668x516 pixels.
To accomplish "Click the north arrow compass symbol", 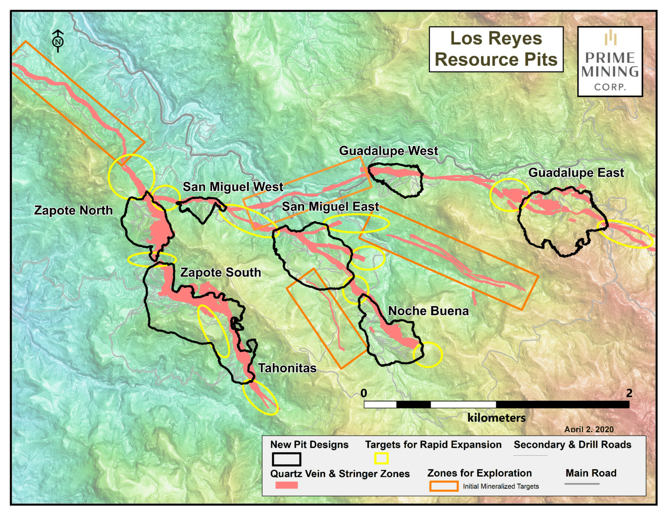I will (x=58, y=41).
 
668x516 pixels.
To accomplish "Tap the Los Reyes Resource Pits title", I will (x=496, y=49).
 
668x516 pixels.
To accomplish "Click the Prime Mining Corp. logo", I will (x=610, y=62).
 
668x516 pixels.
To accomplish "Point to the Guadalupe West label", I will (x=388, y=151).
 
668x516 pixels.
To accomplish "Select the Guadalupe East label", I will (x=576, y=173).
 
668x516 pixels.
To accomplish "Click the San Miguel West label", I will (x=233, y=187).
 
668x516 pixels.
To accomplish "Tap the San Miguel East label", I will (x=330, y=207).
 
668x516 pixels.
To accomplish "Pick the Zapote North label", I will (x=73, y=210).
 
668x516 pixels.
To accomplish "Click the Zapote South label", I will (x=220, y=272).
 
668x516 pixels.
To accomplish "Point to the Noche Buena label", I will (x=428, y=311).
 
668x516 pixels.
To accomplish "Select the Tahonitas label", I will (x=287, y=368).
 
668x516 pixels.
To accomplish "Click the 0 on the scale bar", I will (x=364, y=393).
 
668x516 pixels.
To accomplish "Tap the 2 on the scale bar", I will (x=629, y=393).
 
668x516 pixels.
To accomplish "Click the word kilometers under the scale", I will (x=496, y=418).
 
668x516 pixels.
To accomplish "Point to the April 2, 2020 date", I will (x=589, y=429).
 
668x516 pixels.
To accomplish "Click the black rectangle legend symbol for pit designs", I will (x=286, y=459).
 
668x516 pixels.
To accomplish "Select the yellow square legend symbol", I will (x=381, y=459).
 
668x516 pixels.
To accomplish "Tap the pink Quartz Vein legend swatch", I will (x=286, y=485).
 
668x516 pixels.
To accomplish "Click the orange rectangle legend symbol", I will (x=443, y=486).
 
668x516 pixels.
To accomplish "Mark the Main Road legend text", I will (x=591, y=473).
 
